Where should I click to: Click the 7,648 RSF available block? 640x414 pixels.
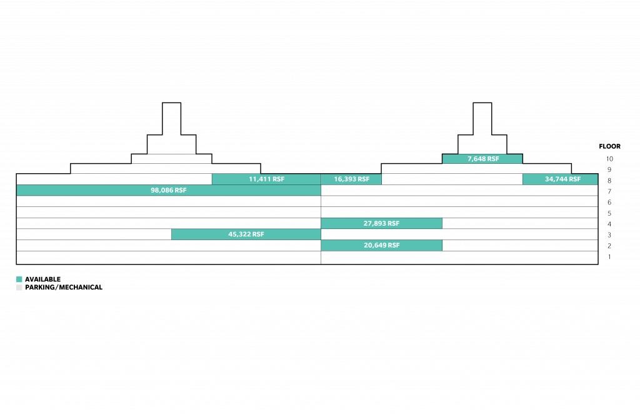click(482, 159)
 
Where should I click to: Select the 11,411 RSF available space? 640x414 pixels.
click(266, 179)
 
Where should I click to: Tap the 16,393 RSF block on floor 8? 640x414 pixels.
click(351, 179)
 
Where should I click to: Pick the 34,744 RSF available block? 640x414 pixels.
click(560, 179)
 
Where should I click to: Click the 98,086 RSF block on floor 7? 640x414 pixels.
click(169, 190)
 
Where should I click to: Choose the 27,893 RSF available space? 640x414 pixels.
click(382, 223)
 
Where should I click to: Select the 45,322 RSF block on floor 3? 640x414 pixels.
click(246, 235)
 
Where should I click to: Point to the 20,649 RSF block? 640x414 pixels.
click(382, 245)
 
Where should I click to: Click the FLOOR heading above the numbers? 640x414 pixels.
click(610, 146)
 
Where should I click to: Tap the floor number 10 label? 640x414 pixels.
click(609, 159)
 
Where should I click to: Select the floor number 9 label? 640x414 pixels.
click(609, 169)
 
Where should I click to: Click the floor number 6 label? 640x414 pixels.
click(609, 202)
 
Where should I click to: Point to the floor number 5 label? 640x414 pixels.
click(609, 213)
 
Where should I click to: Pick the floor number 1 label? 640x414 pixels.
click(609, 257)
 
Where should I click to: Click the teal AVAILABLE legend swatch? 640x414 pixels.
click(19, 280)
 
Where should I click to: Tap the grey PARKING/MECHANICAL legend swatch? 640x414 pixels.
click(19, 288)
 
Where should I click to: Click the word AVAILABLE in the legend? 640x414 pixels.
click(43, 280)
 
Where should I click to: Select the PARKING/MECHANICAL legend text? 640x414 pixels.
click(64, 288)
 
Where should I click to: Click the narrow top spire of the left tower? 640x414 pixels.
click(171, 118)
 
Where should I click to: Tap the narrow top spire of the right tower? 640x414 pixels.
click(482, 118)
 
